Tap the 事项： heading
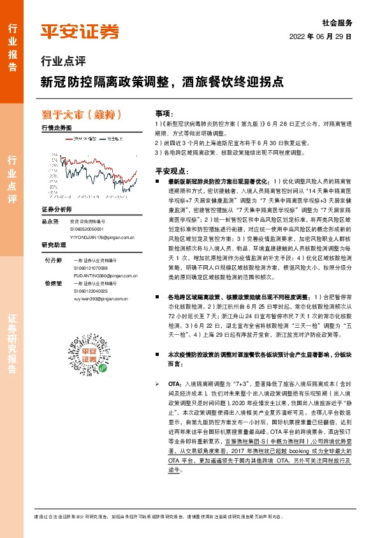click(x=163, y=111)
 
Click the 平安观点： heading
click(x=170, y=172)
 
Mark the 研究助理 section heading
click(x=53, y=245)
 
